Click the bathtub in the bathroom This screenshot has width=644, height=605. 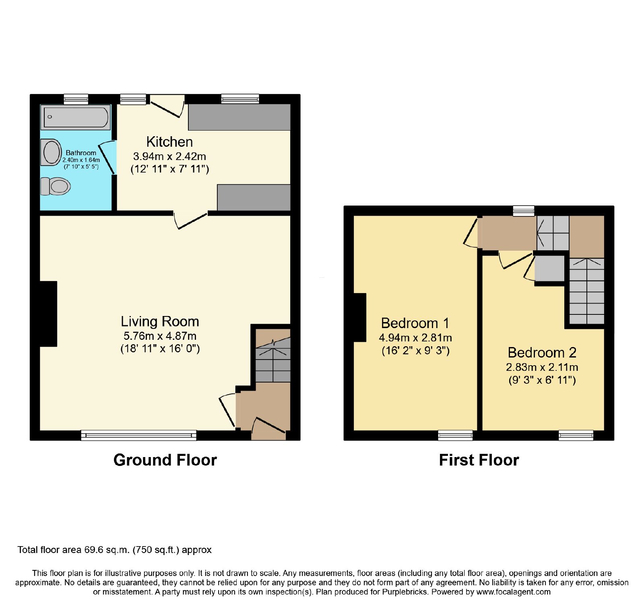pyautogui.click(x=76, y=117)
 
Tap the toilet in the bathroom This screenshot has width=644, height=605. pyautogui.click(x=56, y=186)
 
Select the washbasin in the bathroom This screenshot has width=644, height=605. pyautogui.click(x=51, y=152)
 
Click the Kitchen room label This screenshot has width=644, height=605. pyautogui.click(x=169, y=142)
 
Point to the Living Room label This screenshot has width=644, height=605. pyautogui.click(x=160, y=321)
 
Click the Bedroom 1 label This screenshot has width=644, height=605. pyautogui.click(x=415, y=323)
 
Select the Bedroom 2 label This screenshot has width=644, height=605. pyautogui.click(x=542, y=353)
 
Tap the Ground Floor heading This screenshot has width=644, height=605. pyautogui.click(x=165, y=460)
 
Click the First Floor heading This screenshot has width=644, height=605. pyautogui.click(x=479, y=460)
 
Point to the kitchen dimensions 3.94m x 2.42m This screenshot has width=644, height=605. pyautogui.click(x=169, y=156)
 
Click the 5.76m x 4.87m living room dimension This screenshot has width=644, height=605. pyautogui.click(x=160, y=336)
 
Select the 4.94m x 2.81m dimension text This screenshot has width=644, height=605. pyautogui.click(x=415, y=338)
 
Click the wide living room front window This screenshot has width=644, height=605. pyautogui.click(x=139, y=435)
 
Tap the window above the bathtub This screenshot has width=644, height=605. pyautogui.click(x=76, y=99)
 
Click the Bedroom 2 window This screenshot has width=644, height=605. pyautogui.click(x=576, y=435)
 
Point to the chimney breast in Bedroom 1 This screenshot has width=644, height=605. pyautogui.click(x=360, y=318)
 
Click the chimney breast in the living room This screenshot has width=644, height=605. pyautogui.click(x=48, y=314)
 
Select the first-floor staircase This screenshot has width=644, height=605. pyautogui.click(x=587, y=291)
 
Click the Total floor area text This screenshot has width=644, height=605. pyautogui.click(x=114, y=550)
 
